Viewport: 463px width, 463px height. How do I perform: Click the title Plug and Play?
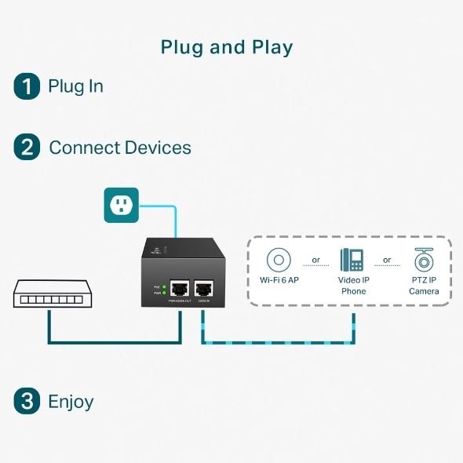coord(227,47)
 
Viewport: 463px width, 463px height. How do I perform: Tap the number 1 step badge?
coord(27,86)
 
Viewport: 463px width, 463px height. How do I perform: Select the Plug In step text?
coord(75,86)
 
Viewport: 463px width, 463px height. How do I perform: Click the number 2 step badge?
coord(27,148)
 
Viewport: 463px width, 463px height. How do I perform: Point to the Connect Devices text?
coord(119,148)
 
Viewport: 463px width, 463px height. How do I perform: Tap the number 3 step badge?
coord(27,402)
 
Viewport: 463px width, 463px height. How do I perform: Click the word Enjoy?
coord(71,402)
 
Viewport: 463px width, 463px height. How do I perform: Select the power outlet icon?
coord(121,205)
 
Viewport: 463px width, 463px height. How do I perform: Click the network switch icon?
coord(49,293)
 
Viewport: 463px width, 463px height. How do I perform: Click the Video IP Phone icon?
coord(352,260)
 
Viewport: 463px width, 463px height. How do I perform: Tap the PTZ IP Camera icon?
coord(424,260)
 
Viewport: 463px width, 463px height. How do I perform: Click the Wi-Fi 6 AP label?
coord(279,280)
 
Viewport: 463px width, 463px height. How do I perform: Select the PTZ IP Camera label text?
coord(424,286)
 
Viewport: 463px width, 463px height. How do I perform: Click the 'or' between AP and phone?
coord(316,260)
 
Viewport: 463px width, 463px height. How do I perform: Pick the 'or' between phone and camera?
coord(387,260)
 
